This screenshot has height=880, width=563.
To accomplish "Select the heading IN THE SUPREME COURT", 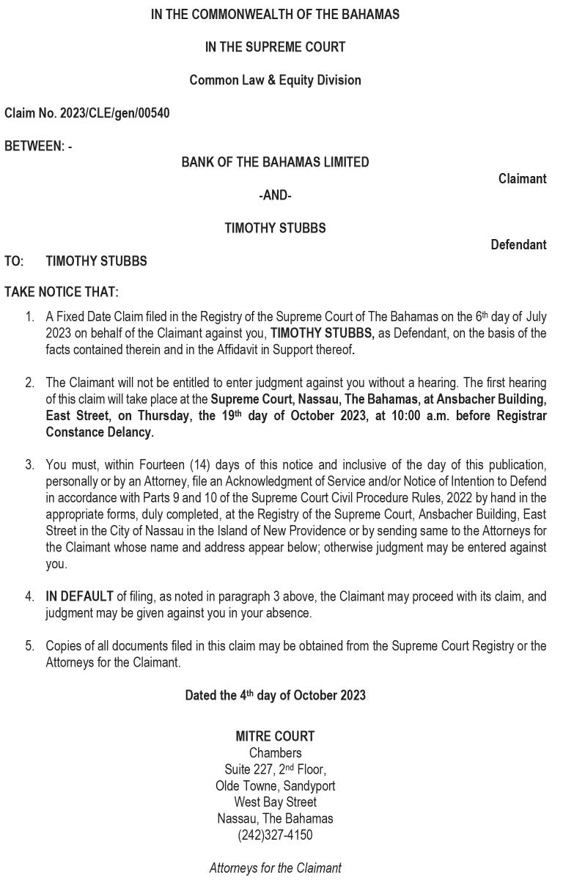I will pos(275,47).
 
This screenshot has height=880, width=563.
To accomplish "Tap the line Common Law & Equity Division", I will pos(275,80).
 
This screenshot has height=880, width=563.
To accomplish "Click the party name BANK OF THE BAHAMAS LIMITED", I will pos(275,162).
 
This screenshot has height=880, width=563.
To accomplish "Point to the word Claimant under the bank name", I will pos(522,179).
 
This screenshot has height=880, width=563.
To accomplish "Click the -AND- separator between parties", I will pos(275,195).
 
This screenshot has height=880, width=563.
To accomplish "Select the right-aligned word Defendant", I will pos(518,245).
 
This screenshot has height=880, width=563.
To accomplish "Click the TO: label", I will pos(14,261).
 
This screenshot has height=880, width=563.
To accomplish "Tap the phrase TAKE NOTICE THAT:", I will pos(62,292).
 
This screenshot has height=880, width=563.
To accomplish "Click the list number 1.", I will pos(29,317).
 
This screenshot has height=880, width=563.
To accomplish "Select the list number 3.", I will pos(29,465).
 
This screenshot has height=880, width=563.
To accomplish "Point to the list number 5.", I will pos(29,646).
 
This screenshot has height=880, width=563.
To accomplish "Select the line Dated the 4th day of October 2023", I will pos(275,695).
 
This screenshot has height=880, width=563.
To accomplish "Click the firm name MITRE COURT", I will pos(275,736).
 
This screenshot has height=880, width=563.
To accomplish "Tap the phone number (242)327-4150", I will pos(275,835).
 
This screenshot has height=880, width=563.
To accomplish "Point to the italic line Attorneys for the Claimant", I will pos(275,868).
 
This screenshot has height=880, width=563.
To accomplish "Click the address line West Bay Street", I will pos(275,802).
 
